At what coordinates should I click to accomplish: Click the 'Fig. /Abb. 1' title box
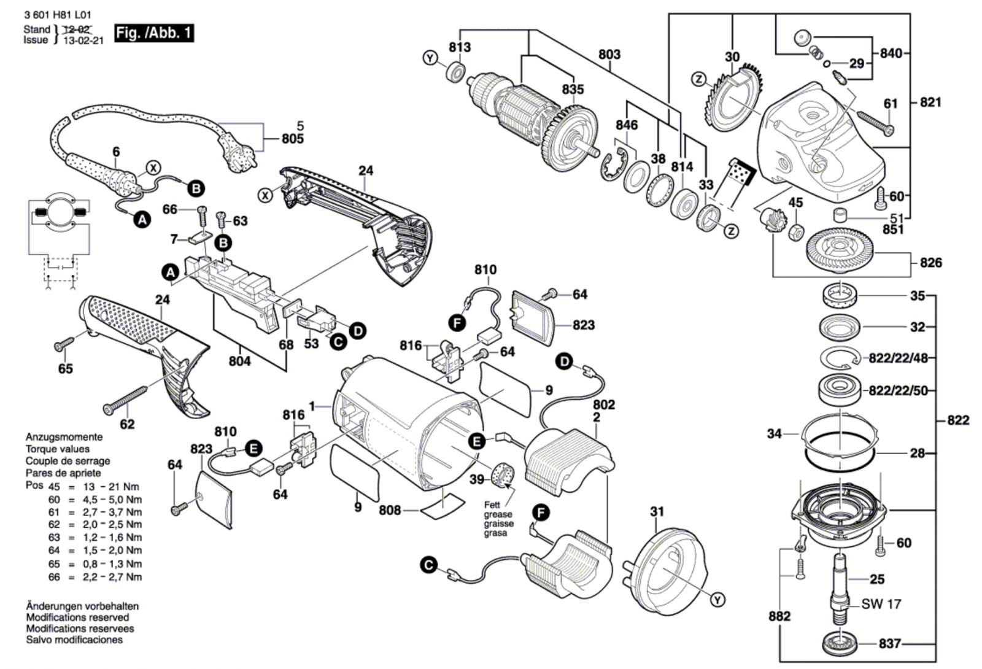point(154,33)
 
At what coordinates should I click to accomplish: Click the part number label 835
point(573,89)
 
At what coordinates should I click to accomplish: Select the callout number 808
point(390,510)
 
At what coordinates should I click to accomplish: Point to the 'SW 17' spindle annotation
point(881,604)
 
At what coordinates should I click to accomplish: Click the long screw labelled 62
point(125,400)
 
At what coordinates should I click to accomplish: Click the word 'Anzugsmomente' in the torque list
point(64,436)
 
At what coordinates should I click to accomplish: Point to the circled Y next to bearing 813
point(430,58)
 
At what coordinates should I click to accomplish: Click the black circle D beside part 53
point(358,331)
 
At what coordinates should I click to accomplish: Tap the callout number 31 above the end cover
point(657,511)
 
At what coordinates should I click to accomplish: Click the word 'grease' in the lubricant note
point(498,514)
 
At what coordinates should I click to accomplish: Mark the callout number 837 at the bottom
point(889,644)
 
